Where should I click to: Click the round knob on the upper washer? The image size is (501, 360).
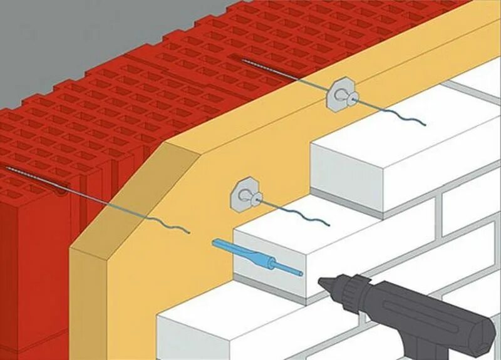350,96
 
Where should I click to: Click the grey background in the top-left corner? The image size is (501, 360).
50,38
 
